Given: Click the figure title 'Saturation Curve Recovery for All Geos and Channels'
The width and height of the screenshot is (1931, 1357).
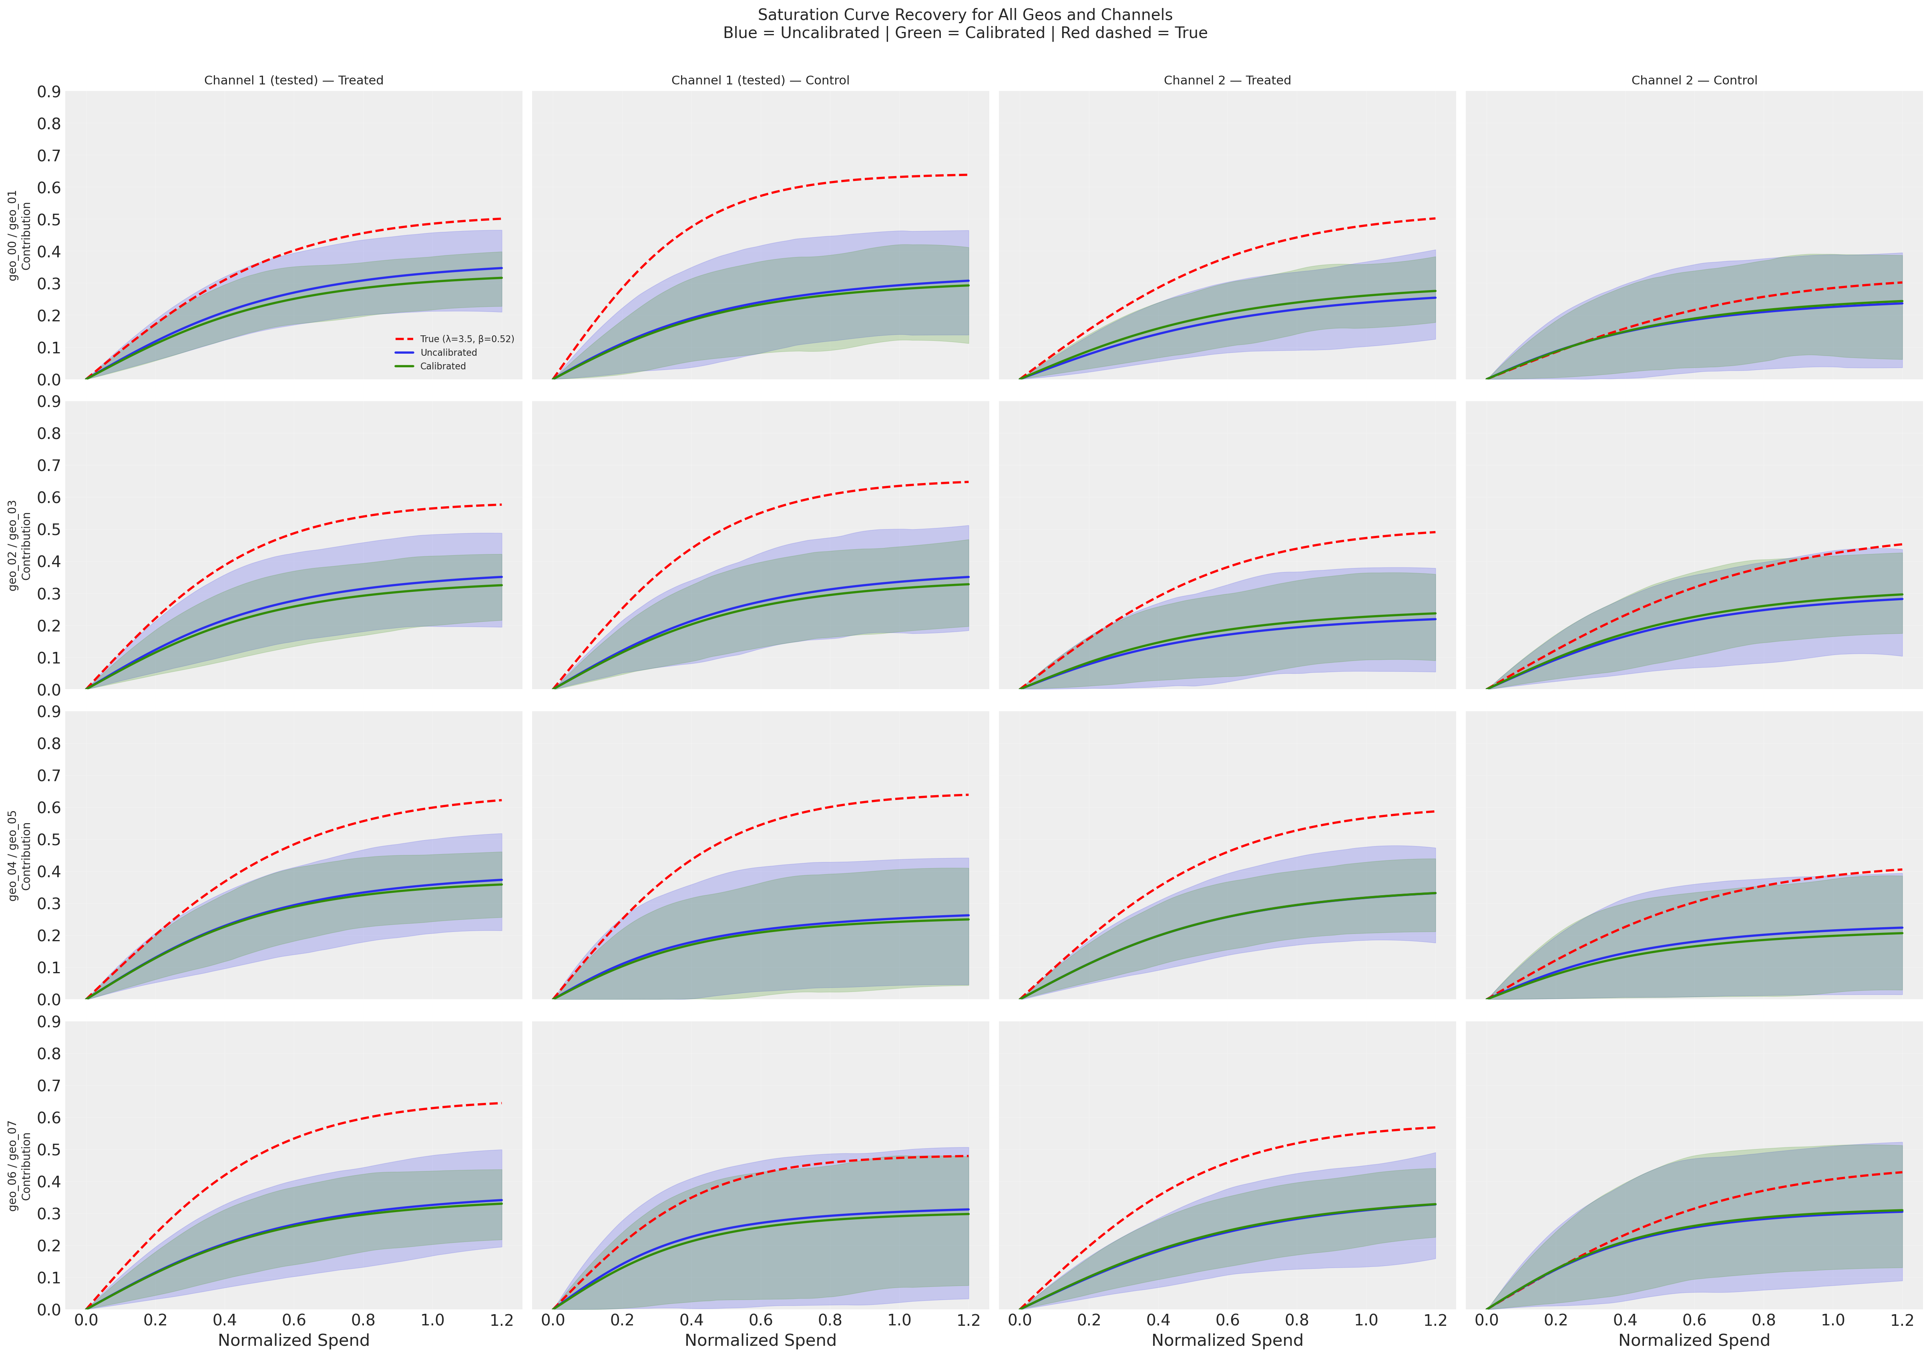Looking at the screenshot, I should [x=964, y=15].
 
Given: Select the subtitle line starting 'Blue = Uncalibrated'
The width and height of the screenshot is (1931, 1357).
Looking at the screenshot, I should [x=964, y=34].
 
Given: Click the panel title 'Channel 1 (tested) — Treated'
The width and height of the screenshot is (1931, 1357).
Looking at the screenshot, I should [x=293, y=81].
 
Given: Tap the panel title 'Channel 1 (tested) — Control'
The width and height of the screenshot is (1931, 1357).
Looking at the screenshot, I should [x=760, y=81].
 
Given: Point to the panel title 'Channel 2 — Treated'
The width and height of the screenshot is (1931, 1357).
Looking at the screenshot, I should [x=1227, y=81].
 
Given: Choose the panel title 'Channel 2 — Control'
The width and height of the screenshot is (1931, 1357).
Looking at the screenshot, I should [x=1694, y=81].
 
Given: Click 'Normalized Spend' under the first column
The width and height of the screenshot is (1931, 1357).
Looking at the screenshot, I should [x=293, y=1340].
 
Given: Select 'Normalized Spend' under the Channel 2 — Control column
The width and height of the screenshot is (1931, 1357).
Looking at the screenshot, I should [x=1694, y=1340].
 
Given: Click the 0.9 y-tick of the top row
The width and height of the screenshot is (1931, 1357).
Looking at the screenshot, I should [x=49, y=92].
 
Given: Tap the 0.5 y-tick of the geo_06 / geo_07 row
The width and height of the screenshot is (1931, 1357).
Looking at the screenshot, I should [x=49, y=1149].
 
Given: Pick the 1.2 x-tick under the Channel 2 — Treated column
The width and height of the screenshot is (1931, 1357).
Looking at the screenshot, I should [x=1435, y=1320].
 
